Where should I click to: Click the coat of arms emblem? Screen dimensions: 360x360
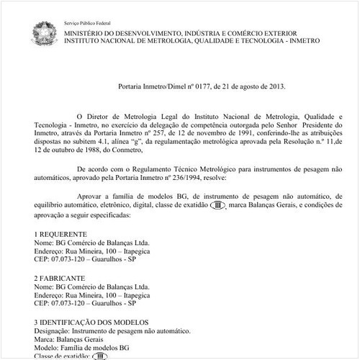click(x=44, y=32)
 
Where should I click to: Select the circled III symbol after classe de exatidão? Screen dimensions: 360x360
click(x=217, y=205)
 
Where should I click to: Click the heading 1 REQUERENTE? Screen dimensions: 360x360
click(x=61, y=235)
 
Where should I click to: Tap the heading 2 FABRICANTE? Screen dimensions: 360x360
click(x=60, y=277)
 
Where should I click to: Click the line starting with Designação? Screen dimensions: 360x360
click(x=112, y=330)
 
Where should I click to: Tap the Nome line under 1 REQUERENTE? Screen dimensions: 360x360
click(x=92, y=244)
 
